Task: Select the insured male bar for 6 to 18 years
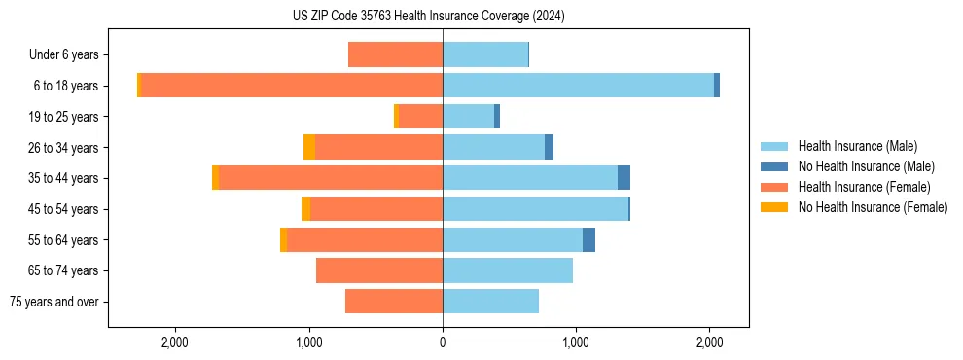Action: click(578, 86)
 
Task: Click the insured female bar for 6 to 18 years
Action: click(292, 86)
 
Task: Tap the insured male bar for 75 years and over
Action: click(490, 302)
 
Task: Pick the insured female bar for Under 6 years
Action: click(395, 55)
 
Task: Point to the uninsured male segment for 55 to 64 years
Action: click(588, 240)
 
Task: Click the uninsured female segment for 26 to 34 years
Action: click(309, 148)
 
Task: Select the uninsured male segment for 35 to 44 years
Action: click(624, 178)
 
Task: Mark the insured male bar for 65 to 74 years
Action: click(508, 270)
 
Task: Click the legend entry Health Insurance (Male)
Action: click(856, 146)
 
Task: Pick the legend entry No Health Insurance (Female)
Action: click(873, 207)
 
